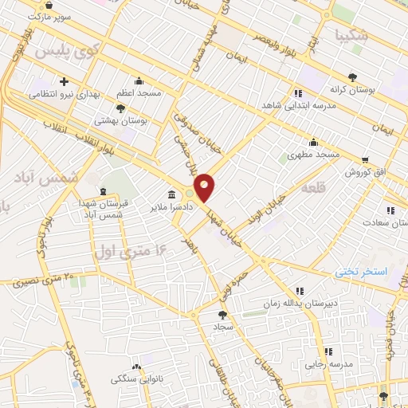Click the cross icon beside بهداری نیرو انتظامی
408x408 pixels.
(x=64, y=81)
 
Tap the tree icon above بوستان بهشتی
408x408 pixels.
(x=120, y=108)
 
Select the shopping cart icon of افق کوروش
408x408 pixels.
(x=364, y=159)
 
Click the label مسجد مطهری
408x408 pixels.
(x=314, y=154)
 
